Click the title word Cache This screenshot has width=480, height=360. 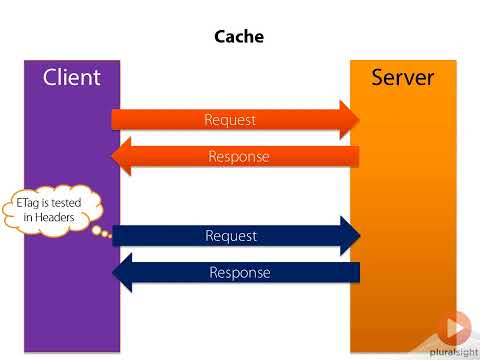tap(240, 37)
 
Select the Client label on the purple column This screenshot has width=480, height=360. tap(72, 77)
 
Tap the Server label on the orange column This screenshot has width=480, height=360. tap(402, 77)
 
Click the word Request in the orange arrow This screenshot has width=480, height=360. tap(230, 120)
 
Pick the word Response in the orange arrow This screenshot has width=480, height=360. tap(239, 156)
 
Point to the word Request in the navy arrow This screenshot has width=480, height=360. tap(231, 236)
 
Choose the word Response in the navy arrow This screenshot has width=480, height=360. tap(239, 272)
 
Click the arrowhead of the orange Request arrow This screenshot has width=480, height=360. tap(349, 120)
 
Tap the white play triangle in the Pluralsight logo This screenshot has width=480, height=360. tap(455, 328)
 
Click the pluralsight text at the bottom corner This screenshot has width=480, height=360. tap(455, 350)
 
